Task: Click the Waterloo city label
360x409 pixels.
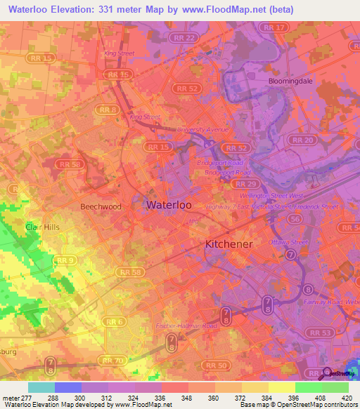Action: pyautogui.click(x=169, y=205)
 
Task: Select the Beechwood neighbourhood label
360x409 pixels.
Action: pyautogui.click(x=101, y=207)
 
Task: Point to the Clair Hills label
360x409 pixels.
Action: pyautogui.click(x=41, y=228)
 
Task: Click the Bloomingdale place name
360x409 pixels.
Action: pyautogui.click(x=290, y=82)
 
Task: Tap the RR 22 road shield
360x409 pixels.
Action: pyautogui.click(x=186, y=37)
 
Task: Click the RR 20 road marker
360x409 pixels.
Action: pyautogui.click(x=304, y=141)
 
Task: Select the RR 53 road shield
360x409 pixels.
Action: pyautogui.click(x=321, y=332)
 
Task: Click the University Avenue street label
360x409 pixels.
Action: pyautogui.click(x=203, y=130)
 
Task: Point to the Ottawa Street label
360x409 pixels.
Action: pyautogui.click(x=288, y=242)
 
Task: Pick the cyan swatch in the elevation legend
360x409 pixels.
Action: pyautogui.click(x=41, y=387)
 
